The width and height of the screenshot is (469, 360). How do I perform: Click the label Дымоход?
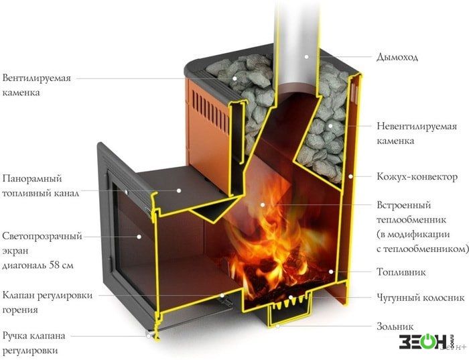click(x=397, y=57)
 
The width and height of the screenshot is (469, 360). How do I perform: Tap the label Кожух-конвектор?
click(x=417, y=177)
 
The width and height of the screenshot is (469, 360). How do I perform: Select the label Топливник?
click(x=401, y=272)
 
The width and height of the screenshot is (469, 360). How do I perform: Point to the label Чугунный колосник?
click(x=421, y=298)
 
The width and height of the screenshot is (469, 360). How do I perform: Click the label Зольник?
click(x=395, y=326)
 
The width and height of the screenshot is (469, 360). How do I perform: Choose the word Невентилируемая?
click(x=417, y=126)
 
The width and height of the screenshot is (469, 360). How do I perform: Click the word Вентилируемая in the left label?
click(x=37, y=78)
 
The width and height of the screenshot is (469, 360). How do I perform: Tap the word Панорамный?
click(x=32, y=178)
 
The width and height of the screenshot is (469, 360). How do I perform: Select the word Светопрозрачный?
click(x=42, y=237)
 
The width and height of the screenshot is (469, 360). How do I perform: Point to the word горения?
click(x=20, y=310)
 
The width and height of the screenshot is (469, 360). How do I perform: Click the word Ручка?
click(x=15, y=336)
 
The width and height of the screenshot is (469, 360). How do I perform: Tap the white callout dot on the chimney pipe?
click(x=306, y=56)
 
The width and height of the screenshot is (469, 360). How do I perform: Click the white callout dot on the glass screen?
click(x=139, y=237)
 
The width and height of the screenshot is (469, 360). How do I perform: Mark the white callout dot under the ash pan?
click(x=277, y=326)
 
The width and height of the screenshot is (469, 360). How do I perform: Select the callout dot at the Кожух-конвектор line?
click(x=350, y=176)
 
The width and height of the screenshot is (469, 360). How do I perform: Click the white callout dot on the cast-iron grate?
click(x=290, y=298)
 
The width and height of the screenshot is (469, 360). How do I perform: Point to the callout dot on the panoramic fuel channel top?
click(x=179, y=190)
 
